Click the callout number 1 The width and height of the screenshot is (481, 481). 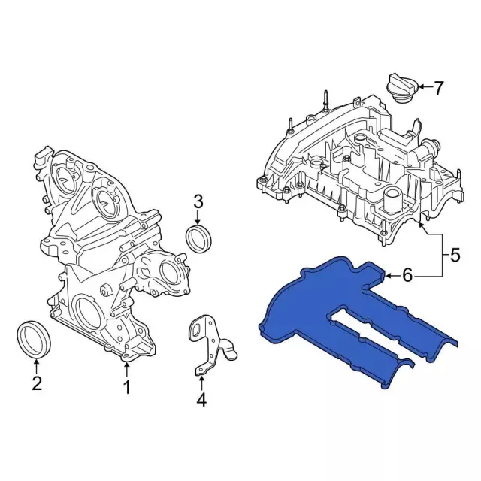[x=126, y=388]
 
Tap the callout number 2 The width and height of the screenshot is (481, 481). [x=35, y=384]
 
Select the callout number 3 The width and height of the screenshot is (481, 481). [x=198, y=201]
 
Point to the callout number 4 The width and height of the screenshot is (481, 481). [x=201, y=401]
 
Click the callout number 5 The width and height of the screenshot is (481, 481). [x=454, y=256]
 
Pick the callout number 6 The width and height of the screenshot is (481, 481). [x=407, y=276]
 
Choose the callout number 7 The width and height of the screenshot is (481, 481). [x=440, y=88]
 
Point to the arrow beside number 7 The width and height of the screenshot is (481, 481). [x=422, y=88]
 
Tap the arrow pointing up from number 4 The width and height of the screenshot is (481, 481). [x=201, y=381]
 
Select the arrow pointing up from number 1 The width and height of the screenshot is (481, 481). [x=126, y=369]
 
